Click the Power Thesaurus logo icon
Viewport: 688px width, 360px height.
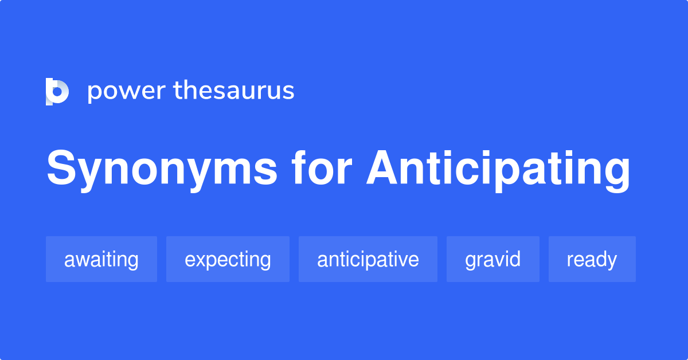[x=57, y=92]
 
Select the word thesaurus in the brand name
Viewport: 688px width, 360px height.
[x=233, y=91]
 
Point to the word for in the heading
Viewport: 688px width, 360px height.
[x=320, y=169]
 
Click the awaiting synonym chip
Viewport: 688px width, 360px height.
[x=101, y=259]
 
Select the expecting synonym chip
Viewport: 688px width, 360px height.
[x=228, y=259]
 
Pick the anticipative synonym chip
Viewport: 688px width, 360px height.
[x=368, y=259]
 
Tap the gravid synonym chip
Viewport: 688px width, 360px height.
[x=493, y=259]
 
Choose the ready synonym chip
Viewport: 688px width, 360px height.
[x=592, y=259]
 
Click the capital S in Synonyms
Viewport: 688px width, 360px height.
[x=61, y=169]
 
